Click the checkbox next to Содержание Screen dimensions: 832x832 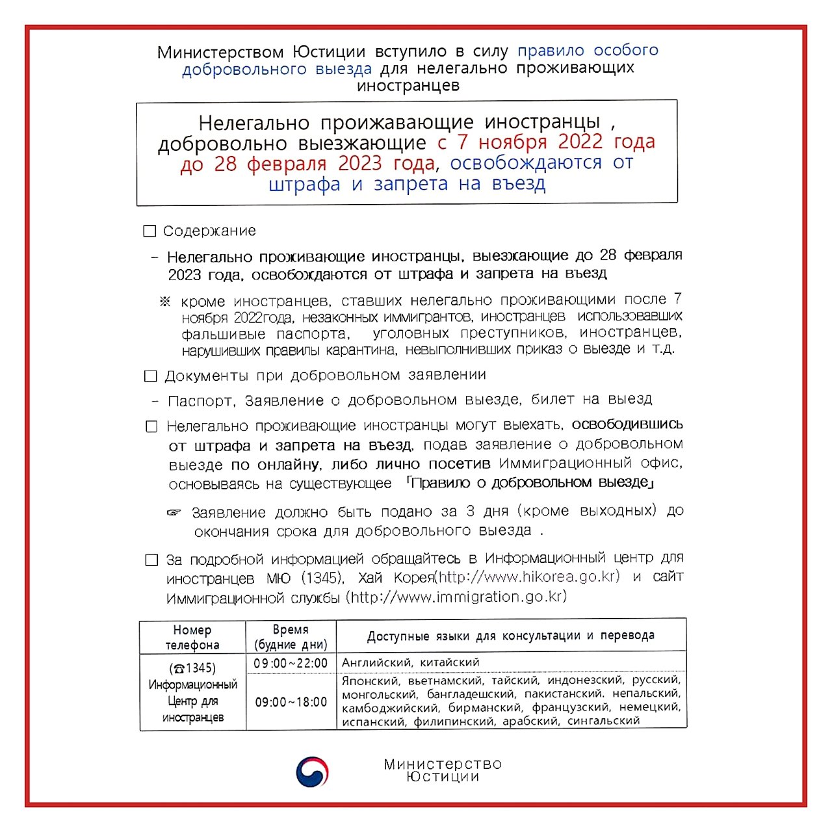149,231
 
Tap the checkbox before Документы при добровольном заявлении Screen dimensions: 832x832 151,376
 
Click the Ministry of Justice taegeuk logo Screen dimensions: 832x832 312,772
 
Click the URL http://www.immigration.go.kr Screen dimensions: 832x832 458,597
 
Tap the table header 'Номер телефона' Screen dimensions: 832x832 192,638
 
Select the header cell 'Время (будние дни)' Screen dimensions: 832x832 291,638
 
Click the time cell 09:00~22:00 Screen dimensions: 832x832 291,664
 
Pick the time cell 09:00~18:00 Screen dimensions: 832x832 291,703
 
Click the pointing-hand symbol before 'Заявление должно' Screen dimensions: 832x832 174,513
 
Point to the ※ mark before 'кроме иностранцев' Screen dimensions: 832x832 165,302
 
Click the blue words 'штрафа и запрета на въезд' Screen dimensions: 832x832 407,185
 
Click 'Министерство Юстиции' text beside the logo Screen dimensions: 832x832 443,770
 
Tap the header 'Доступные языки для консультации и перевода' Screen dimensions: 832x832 511,636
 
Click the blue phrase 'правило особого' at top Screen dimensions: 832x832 588,51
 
